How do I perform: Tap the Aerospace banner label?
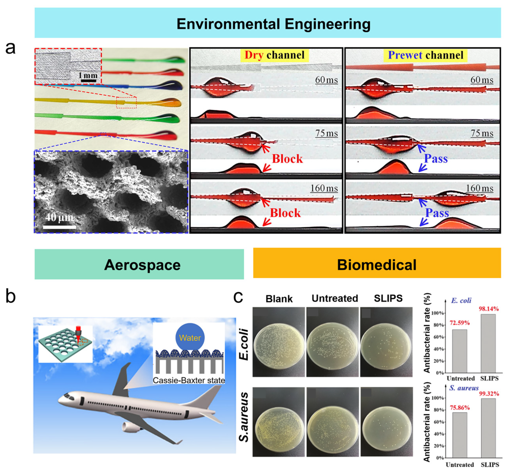pos(142,265)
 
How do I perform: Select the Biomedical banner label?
pos(376,265)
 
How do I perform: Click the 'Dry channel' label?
pos(274,55)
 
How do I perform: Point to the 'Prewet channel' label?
pos(425,55)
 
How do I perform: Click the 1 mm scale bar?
pos(88,81)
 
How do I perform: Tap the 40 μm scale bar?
pos(59,227)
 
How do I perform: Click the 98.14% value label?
pos(488,308)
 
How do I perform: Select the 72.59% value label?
pos(460,323)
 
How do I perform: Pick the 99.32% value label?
pos(489,394)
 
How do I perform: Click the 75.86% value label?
pos(460,407)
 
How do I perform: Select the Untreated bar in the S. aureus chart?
pos(460,435)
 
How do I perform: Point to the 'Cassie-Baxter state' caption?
pos(189,381)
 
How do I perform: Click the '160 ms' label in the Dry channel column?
pos(324,188)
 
